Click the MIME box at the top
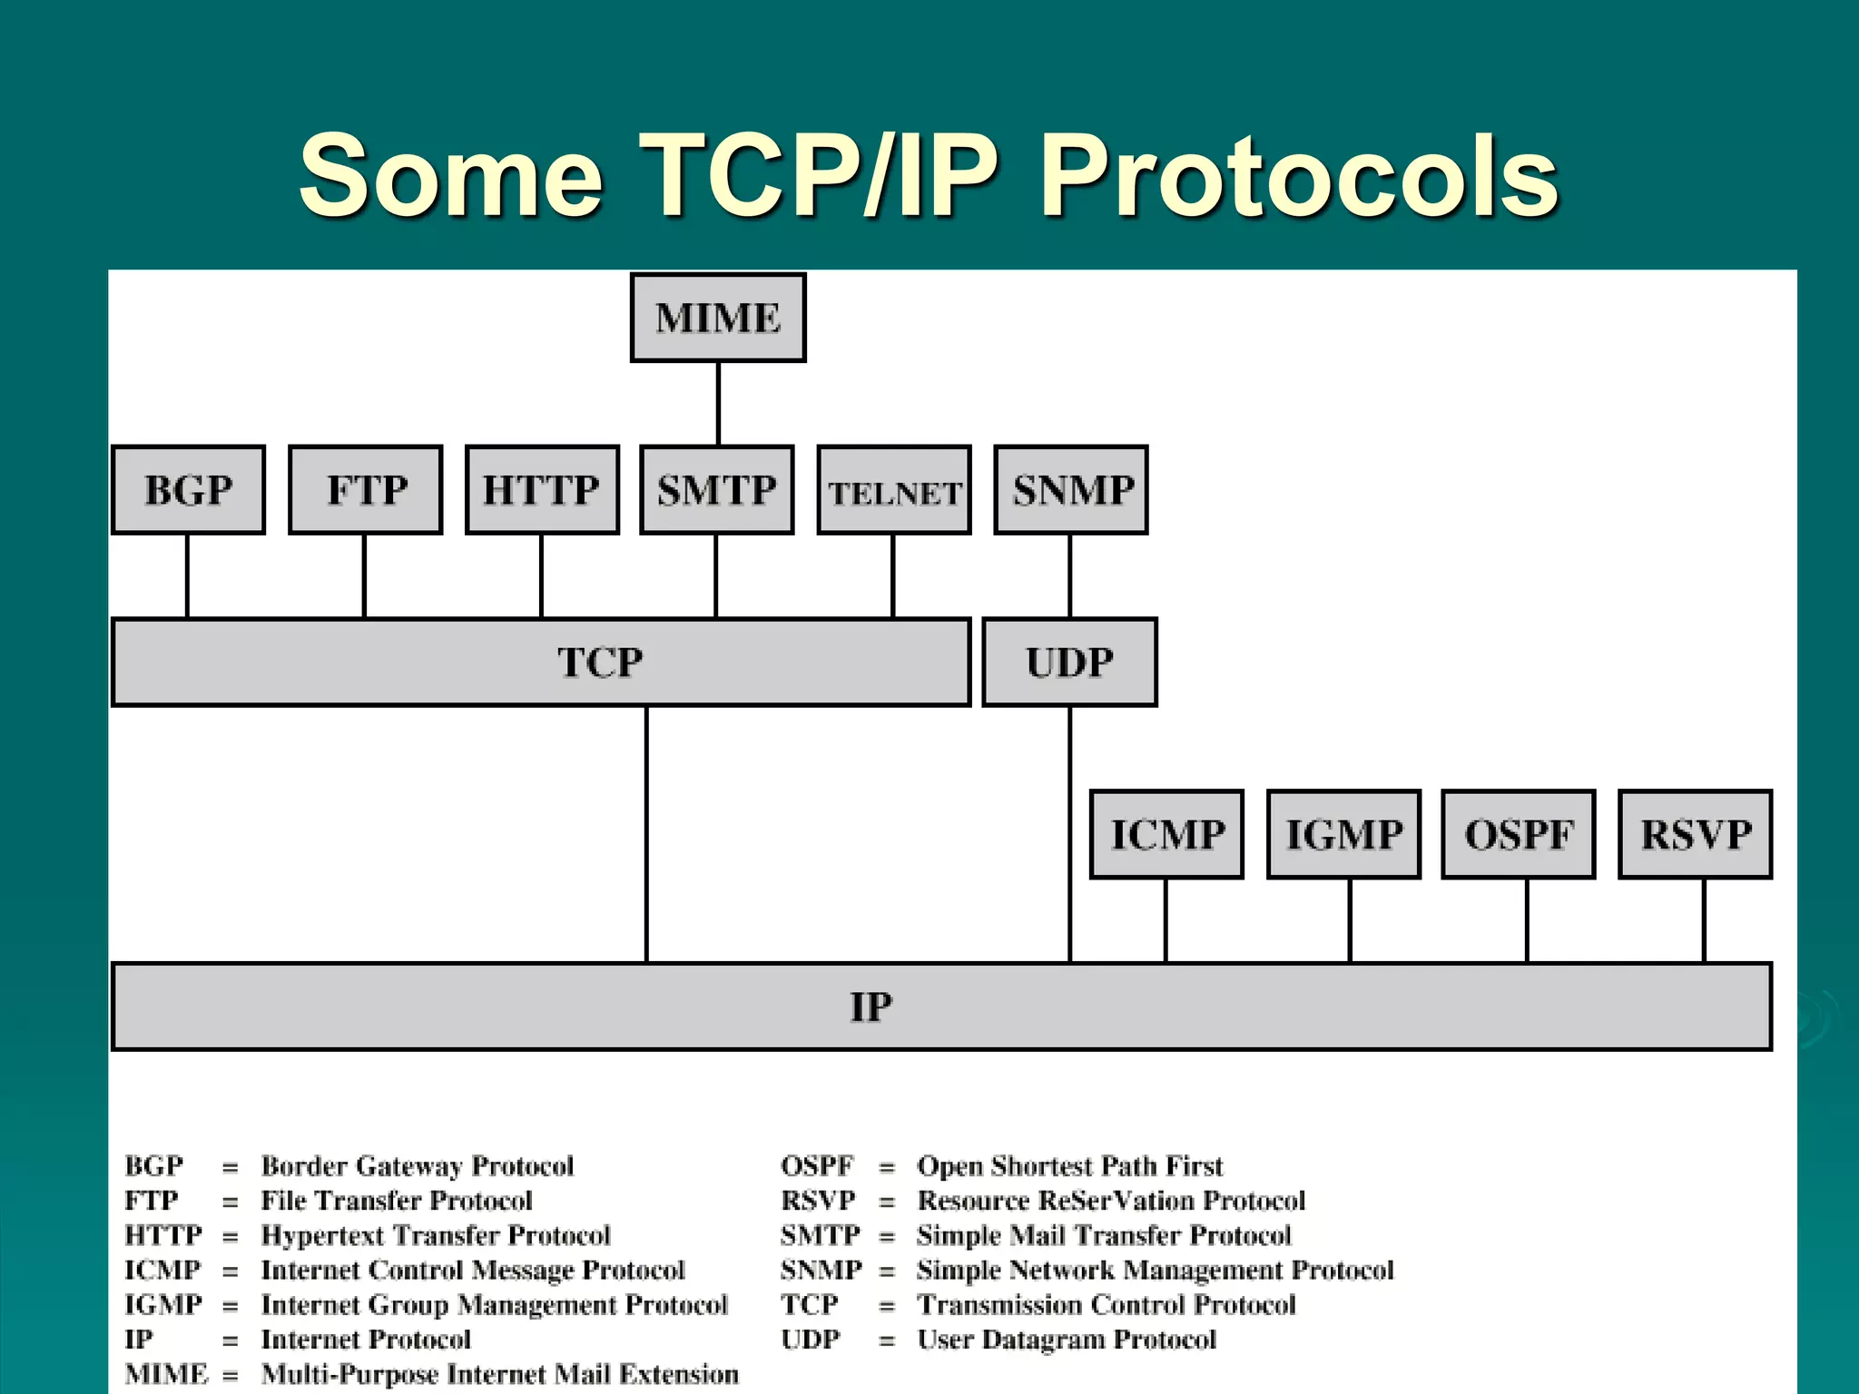pyautogui.click(x=718, y=318)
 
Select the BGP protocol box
pyautogui.click(x=188, y=490)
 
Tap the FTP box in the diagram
pyautogui.click(x=366, y=490)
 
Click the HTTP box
pyautogui.click(x=542, y=490)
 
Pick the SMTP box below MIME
pyautogui.click(x=717, y=490)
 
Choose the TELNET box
pyautogui.click(x=894, y=491)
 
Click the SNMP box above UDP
pyautogui.click(x=1071, y=490)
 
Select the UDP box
pyautogui.click(x=1069, y=663)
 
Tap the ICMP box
pyautogui.click(x=1166, y=834)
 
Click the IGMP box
pyautogui.click(x=1343, y=834)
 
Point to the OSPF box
pyautogui.click(x=1519, y=834)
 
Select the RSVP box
pyautogui.click(x=1696, y=834)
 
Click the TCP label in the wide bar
pyautogui.click(x=600, y=663)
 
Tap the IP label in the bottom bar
pyautogui.click(x=870, y=1006)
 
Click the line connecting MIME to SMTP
pyautogui.click(x=718, y=404)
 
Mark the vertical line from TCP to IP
pyautogui.click(x=646, y=835)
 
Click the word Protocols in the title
pyautogui.click(x=1299, y=177)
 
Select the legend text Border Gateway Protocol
pyautogui.click(x=418, y=1165)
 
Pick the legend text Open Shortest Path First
pyautogui.click(x=1069, y=1165)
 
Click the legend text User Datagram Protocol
pyautogui.click(x=1066, y=1340)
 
